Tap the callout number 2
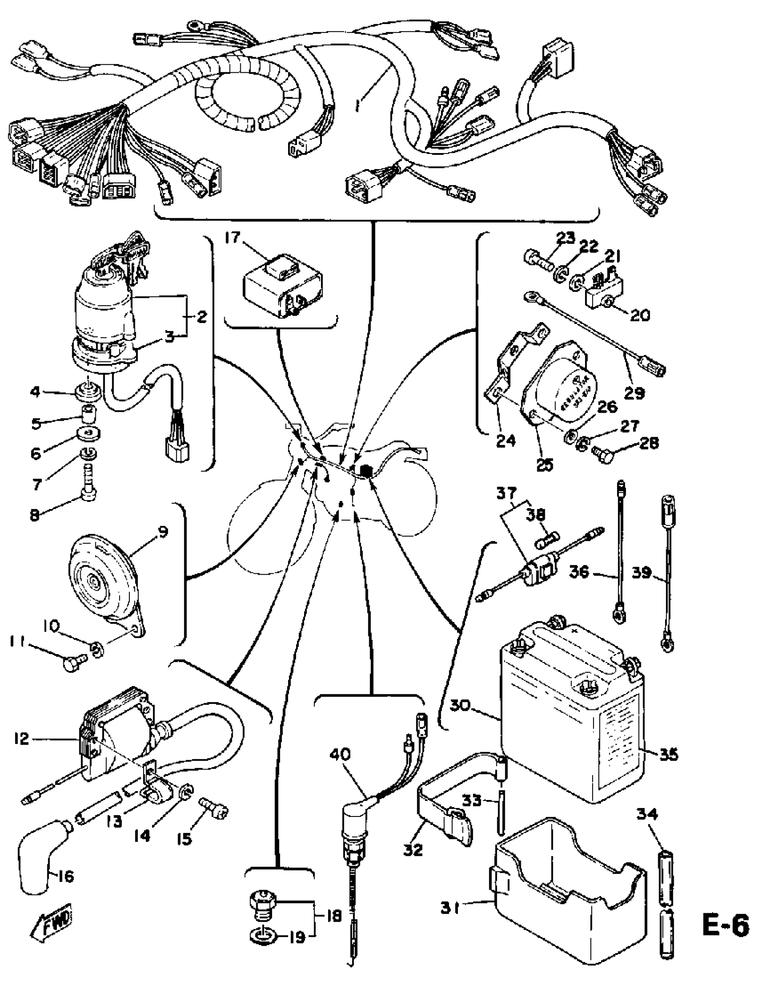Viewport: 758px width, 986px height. [x=201, y=316]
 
